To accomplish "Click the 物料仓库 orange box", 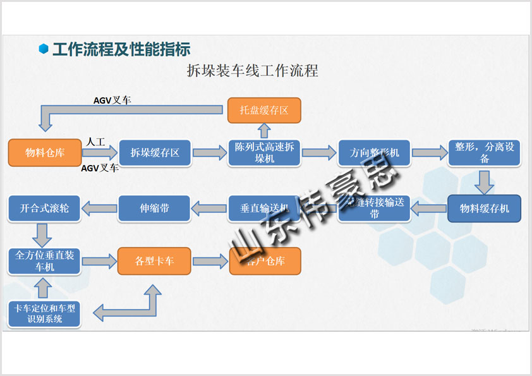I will pos(45,152).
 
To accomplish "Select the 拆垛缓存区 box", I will pos(155,152).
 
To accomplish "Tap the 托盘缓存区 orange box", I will pos(264,111).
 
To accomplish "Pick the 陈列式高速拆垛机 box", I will pos(264,152).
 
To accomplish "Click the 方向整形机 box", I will pos(374,152).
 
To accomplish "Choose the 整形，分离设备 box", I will pos(485,152).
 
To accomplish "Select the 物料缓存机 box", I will pos(485,209).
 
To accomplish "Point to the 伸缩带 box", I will pos(155,209).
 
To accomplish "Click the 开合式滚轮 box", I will pos(45,209).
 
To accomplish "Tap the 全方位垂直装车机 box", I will pos(45,260).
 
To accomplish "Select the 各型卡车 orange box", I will pos(155,260).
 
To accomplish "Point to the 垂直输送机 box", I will pos(264,209).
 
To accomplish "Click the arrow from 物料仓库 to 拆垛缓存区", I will pos(100,152).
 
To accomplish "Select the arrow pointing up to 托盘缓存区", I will pos(264,131).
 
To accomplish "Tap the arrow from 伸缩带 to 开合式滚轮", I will pos(100,207).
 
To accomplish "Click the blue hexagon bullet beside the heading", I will pos(44,49).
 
